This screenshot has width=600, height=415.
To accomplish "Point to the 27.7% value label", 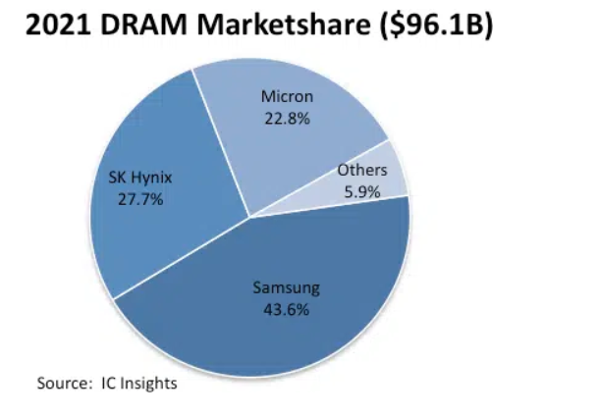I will point(136,199).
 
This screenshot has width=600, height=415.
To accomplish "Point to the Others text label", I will point(362,171).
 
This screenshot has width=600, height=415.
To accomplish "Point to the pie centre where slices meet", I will point(250,217).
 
